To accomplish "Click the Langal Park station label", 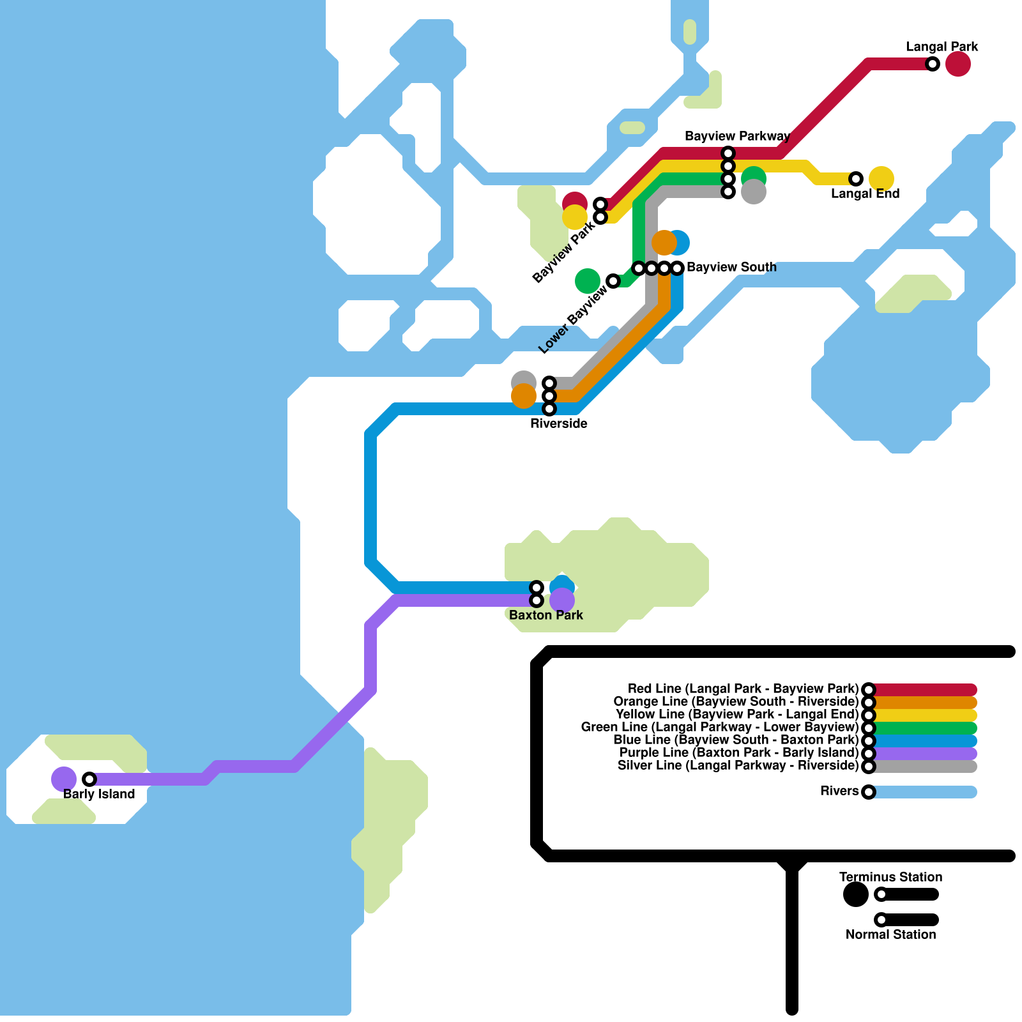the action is point(942,47).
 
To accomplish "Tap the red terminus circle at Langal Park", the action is point(958,64).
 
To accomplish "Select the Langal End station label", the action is point(865,194).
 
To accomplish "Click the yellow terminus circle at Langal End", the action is point(881,179).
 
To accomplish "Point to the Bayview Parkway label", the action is point(737,136).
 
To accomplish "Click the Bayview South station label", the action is point(731,267).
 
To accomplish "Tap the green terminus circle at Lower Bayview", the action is point(588,281).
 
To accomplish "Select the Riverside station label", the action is point(559,423).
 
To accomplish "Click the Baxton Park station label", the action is point(546,615).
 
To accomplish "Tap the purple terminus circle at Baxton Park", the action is point(562,600).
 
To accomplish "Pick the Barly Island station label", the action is point(99,794).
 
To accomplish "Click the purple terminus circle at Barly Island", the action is point(64,779).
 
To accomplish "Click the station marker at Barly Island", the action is point(89,779).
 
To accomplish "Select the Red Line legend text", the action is point(743,689).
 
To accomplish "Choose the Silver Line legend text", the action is point(738,765).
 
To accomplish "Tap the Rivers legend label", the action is point(839,791).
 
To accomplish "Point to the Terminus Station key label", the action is point(890,877).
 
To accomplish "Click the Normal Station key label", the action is point(890,934).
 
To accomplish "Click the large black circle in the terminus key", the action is point(856,894).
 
